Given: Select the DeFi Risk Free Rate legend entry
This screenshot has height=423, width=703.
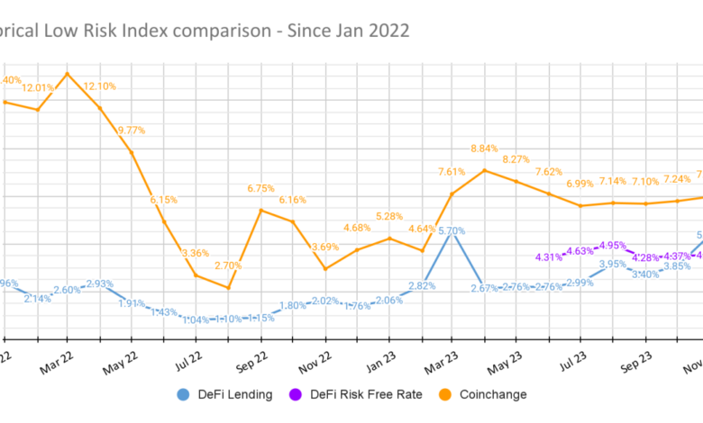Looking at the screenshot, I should (362, 394).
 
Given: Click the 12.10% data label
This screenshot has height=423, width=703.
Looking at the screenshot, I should (100, 85).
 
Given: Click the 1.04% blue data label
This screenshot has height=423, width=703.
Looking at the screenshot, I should (196, 319).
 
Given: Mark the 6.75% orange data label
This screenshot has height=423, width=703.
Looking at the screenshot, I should (260, 188).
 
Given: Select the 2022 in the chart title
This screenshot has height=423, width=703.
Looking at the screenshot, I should (388, 31).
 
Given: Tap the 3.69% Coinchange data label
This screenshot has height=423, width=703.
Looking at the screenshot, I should (325, 247).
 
